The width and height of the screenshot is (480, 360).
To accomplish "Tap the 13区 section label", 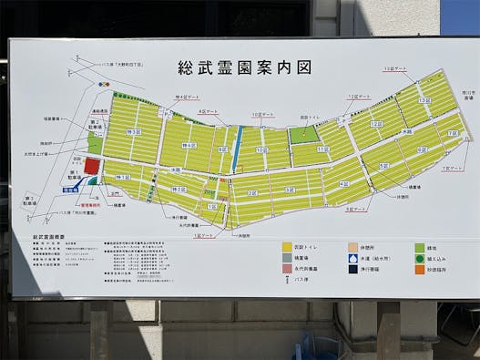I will point(424,101).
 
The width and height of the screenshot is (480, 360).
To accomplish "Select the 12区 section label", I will point(375,124).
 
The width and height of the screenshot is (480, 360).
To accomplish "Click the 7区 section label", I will point(450,134).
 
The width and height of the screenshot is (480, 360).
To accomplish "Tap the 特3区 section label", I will point(134,133).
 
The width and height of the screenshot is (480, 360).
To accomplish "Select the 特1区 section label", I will point(124,178).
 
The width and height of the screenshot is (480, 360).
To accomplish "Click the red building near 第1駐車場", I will point(92,166).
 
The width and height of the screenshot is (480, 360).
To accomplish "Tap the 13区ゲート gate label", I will point(394,69).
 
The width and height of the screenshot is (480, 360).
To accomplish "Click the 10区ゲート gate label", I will point(262,115).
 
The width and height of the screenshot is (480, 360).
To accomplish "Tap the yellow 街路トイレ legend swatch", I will point(288,246).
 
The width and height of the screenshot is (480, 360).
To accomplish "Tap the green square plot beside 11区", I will point(303,135).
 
